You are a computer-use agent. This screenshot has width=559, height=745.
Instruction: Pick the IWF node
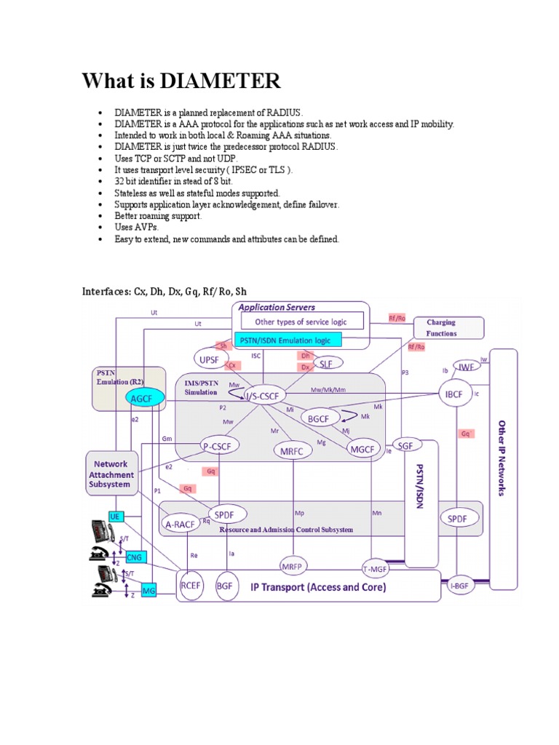point(466,367)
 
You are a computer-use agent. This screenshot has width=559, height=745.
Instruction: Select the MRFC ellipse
point(291,450)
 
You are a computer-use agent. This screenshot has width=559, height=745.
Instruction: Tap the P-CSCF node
point(221,447)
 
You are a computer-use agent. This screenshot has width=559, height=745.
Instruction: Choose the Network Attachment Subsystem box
point(111,474)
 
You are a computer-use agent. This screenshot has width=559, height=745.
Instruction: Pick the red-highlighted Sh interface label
point(223,346)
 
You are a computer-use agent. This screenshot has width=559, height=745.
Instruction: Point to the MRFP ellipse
point(292,566)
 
